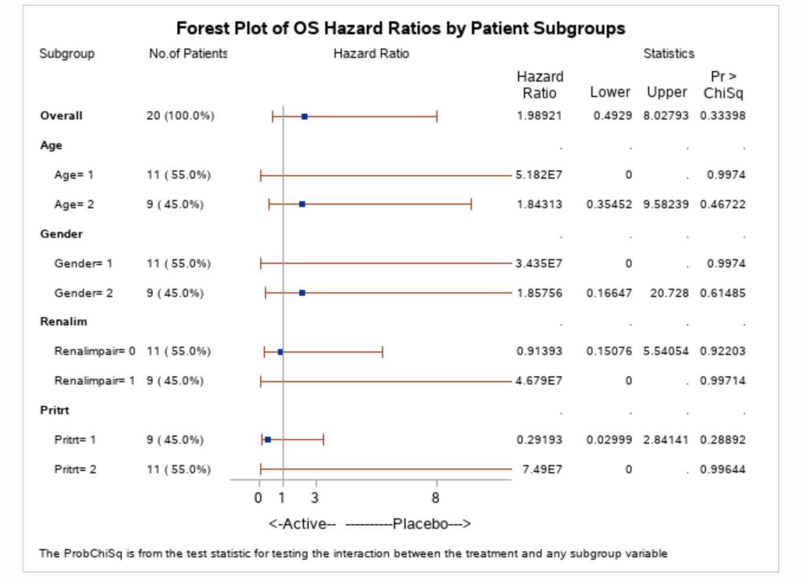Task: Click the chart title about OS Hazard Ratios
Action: point(400,28)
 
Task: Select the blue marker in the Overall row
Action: point(305,117)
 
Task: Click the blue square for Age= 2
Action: point(302,204)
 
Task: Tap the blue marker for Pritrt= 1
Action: point(268,440)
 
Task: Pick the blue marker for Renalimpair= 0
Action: point(280,352)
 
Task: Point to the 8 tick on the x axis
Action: point(435,498)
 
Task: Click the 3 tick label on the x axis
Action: point(315,498)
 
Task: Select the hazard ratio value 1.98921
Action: point(539,116)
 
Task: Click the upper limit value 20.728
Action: point(669,293)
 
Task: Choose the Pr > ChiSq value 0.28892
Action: point(723,440)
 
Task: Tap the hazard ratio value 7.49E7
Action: point(542,469)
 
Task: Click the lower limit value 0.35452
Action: point(609,204)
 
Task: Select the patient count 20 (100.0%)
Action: point(180,116)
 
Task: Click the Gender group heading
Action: point(61,234)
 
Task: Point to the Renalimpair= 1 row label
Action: point(95,380)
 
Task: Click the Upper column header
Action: point(666,92)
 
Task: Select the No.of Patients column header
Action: point(188,54)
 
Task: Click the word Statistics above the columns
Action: point(669,54)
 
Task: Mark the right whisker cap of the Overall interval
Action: point(437,117)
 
